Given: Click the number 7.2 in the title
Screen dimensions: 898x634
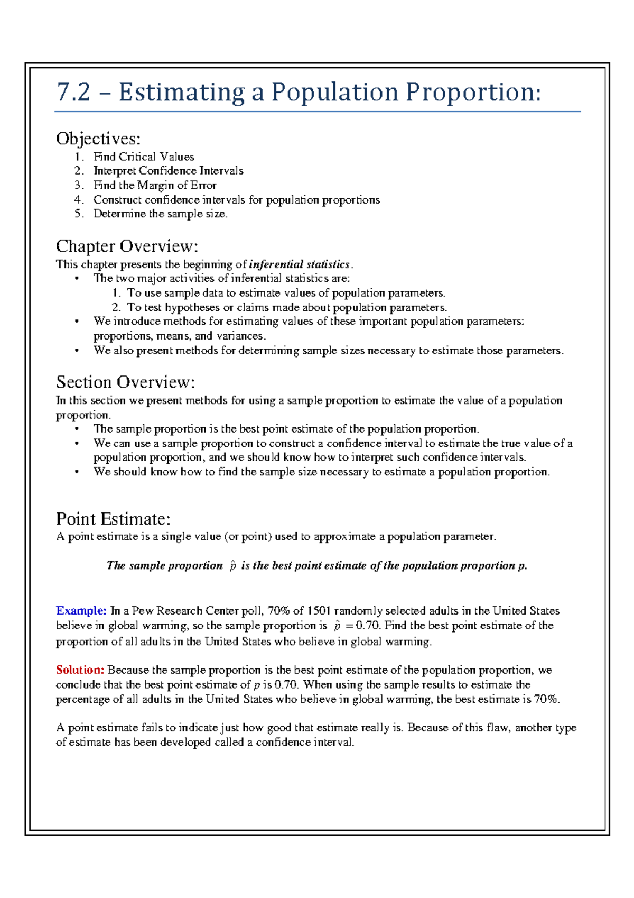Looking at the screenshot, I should [73, 93].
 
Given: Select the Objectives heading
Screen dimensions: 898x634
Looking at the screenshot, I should [98, 139].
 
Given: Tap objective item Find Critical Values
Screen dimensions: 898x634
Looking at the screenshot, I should [144, 157].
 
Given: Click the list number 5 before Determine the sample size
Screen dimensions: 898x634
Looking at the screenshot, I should [79, 214].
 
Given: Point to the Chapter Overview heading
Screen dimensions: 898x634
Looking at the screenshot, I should [127, 246].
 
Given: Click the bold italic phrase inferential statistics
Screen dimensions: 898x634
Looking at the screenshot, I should [299, 264].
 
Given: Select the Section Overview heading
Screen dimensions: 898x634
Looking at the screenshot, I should [126, 382].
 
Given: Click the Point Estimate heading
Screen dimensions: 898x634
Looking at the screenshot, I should [113, 518].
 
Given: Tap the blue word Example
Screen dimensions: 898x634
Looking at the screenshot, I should [81, 611].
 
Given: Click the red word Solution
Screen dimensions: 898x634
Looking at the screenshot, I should [80, 670].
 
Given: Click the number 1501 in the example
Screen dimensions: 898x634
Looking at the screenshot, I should [319, 611].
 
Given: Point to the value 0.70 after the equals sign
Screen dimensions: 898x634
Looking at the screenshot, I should [368, 626].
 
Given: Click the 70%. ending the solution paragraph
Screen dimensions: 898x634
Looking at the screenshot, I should [547, 699].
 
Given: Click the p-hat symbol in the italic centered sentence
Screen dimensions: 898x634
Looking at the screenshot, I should [232, 566].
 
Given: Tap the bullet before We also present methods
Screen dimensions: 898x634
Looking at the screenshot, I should [77, 350].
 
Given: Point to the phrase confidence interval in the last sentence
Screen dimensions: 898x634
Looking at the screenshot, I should [304, 743].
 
